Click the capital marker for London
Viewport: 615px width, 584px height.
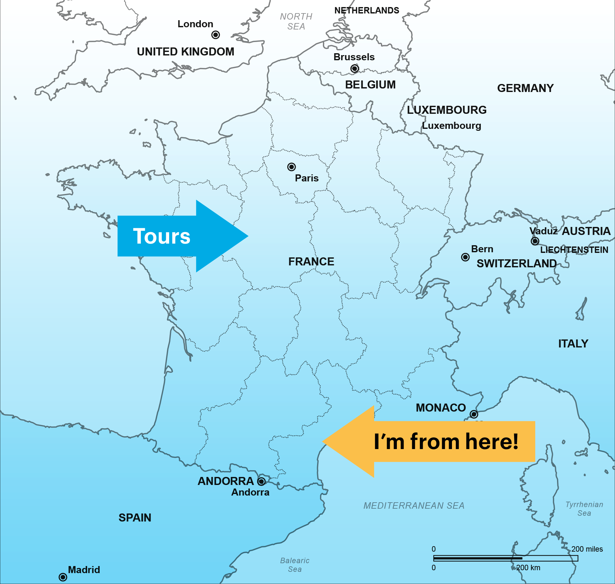tap(216, 35)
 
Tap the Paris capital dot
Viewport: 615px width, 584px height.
tap(291, 167)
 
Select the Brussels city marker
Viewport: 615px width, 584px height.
tap(355, 69)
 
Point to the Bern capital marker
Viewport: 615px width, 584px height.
tap(465, 257)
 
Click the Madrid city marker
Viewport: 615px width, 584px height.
tap(63, 577)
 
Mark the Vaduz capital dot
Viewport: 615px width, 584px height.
tap(535, 241)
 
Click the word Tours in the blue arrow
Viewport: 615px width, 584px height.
tap(161, 236)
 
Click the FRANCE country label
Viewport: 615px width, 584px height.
tap(311, 262)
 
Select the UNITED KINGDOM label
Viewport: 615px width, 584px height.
tap(185, 52)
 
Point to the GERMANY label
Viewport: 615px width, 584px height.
tap(525, 88)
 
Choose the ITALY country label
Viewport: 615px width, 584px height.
tap(573, 344)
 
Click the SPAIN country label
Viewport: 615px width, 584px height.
tap(135, 518)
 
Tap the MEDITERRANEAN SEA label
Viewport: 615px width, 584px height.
tap(414, 506)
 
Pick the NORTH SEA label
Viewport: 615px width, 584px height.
tap(296, 21)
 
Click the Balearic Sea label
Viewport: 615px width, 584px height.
tap(295, 565)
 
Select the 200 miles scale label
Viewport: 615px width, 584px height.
tap(587, 549)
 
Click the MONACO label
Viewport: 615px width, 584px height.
tap(441, 408)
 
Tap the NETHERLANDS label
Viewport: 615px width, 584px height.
tap(367, 11)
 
